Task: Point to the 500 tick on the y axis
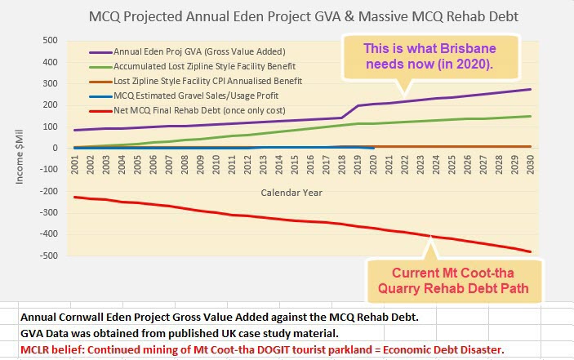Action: [49, 40]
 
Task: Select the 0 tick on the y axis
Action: [55, 148]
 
